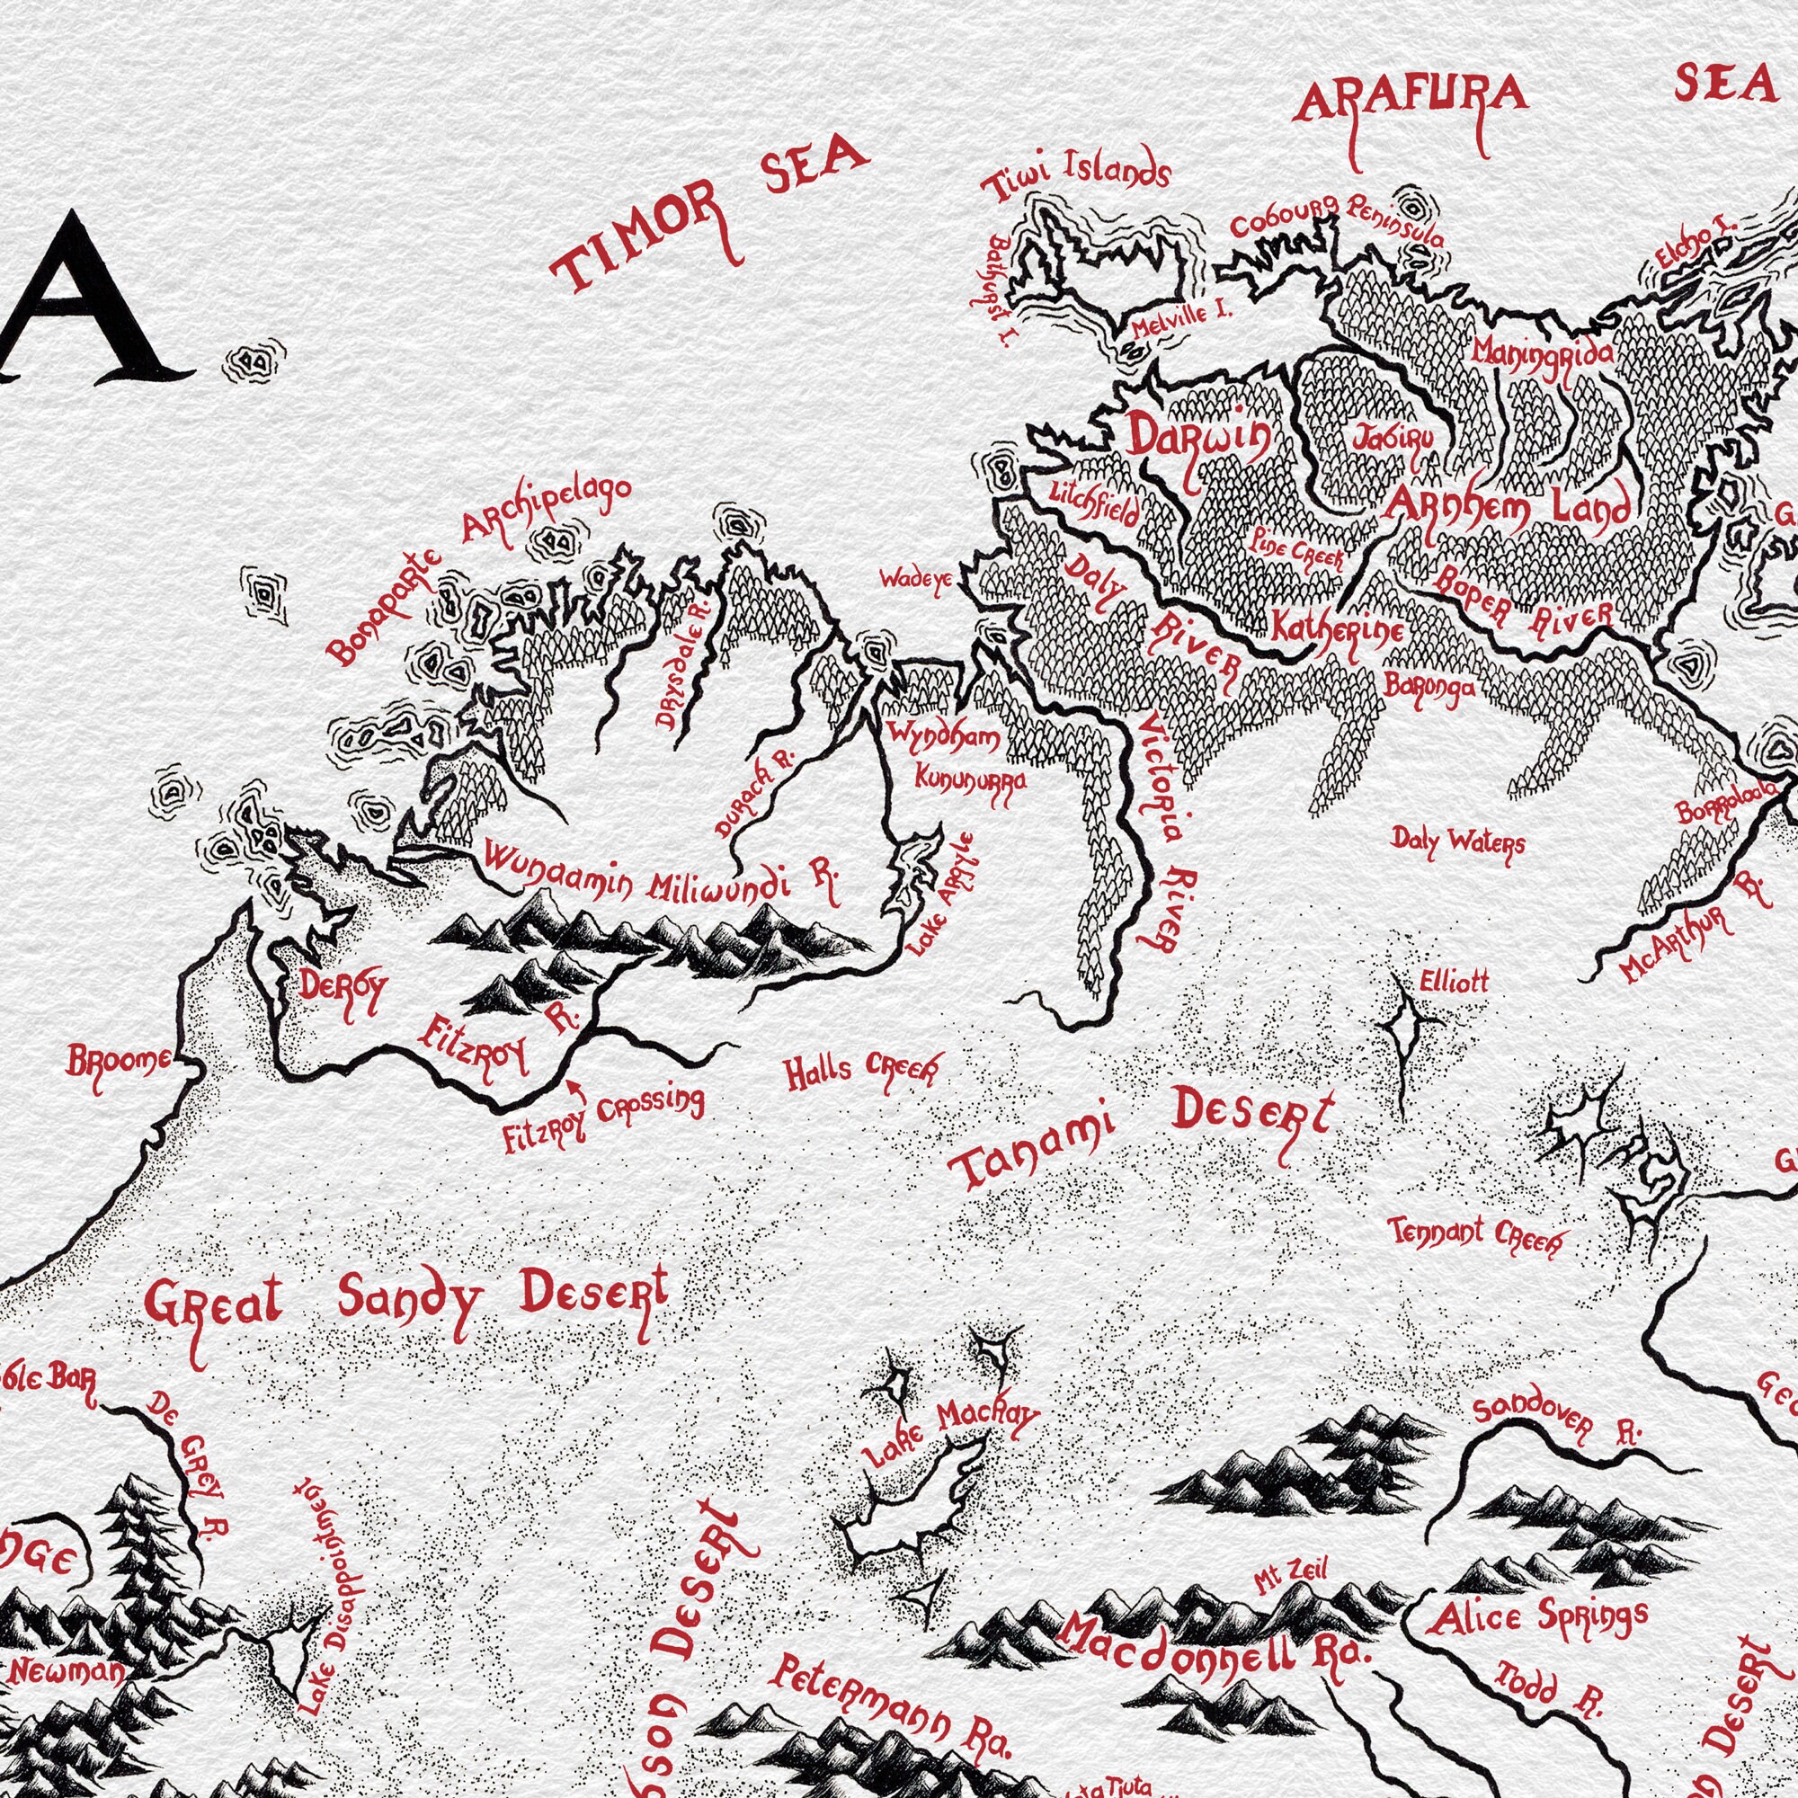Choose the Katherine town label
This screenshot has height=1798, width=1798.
tap(1338, 630)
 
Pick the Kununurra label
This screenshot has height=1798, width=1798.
tap(971, 778)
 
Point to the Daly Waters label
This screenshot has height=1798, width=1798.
tap(1458, 842)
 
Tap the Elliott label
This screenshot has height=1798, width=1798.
tap(1455, 981)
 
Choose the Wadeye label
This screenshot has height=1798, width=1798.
tap(917, 581)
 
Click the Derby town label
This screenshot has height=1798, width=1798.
tap(341, 990)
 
